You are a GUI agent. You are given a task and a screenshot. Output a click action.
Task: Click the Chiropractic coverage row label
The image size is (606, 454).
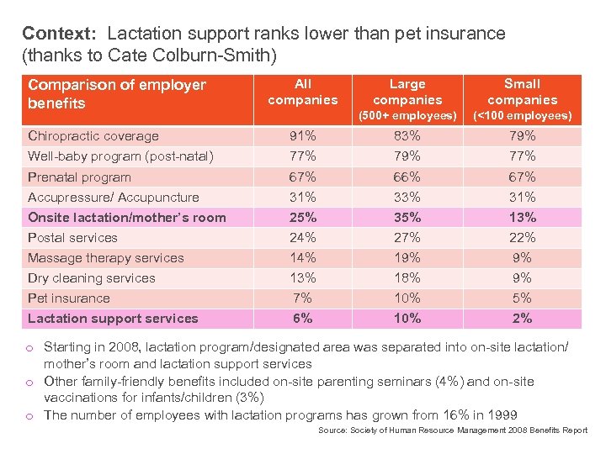pos(93,136)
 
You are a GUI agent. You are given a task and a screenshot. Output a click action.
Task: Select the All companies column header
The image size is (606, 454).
pos(303,92)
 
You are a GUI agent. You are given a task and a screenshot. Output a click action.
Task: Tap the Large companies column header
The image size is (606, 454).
pos(407,92)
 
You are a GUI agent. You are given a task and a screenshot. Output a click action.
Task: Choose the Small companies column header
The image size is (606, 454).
pos(522,92)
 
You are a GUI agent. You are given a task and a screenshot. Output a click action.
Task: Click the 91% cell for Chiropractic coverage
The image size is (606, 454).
pos(303,136)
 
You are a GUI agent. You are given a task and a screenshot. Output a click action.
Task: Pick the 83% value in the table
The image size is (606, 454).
pos(407,136)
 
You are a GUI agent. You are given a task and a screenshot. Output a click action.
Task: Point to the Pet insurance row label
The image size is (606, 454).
pos(69,298)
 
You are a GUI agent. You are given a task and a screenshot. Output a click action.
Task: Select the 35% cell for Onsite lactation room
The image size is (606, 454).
pos(407,218)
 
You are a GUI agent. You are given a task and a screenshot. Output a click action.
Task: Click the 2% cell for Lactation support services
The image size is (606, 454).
pos(522,319)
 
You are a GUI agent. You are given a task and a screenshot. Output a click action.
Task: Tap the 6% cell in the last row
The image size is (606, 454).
pos(303,319)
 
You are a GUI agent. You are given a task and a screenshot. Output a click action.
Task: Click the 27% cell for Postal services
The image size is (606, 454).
pos(407,238)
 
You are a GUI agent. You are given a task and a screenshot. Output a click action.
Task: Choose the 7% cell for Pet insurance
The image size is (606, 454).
pos(303,298)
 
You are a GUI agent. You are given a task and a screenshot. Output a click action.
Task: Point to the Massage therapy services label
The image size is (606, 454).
pos(106,258)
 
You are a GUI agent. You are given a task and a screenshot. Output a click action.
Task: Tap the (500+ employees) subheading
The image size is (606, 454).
pos(407,115)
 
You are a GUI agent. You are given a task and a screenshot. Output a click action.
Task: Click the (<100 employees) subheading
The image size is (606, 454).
pos(522,115)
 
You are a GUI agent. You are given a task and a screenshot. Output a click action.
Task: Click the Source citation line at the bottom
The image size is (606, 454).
pos(453,430)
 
